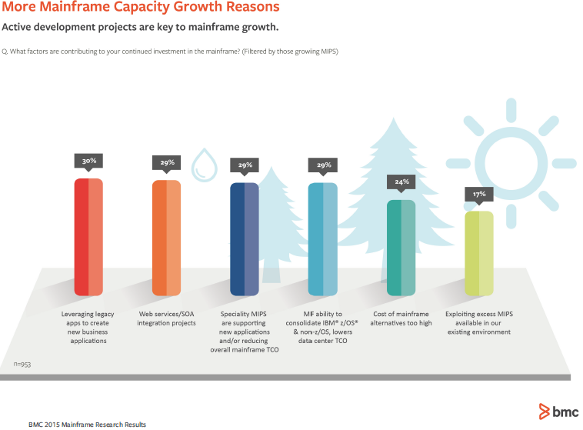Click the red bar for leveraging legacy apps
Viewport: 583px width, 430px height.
pos(88,237)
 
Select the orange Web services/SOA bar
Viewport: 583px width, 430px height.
pos(166,237)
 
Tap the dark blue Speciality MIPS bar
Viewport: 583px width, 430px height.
pos(244,238)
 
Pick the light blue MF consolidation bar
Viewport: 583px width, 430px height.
pos(322,238)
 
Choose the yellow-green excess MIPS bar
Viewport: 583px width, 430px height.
pos(478,253)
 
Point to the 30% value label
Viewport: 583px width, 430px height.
pos(88,162)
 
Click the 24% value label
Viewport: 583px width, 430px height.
pos(401,182)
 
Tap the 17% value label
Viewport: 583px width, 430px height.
pos(478,194)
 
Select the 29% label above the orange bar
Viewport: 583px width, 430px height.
pos(166,162)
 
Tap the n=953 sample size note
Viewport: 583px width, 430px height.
pos(23,362)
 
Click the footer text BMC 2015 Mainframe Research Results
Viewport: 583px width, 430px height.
pos(87,424)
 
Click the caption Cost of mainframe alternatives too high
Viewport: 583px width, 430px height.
pos(401,318)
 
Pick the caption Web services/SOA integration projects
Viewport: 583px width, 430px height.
pos(167,318)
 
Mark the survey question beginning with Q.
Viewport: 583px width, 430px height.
pos(171,52)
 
